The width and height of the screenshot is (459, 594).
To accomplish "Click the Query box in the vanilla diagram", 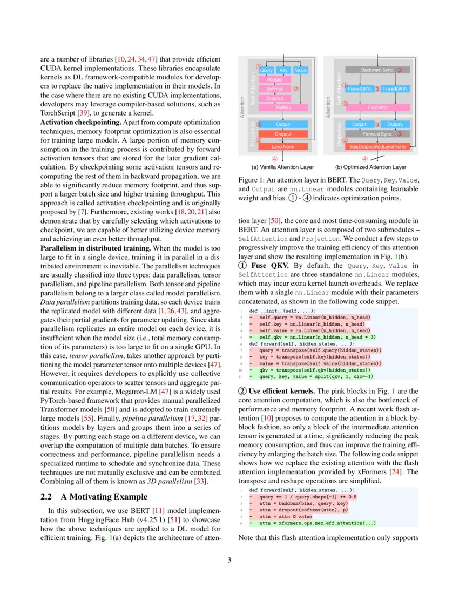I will (x=267, y=70).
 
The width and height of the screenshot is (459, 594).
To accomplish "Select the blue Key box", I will (x=283, y=70).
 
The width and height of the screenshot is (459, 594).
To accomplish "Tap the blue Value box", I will (x=301, y=70).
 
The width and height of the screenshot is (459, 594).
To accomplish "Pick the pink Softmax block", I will (x=275, y=89).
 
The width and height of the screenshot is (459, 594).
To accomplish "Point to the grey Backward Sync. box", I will (x=376, y=70).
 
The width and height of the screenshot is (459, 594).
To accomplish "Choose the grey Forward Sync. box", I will (x=377, y=133).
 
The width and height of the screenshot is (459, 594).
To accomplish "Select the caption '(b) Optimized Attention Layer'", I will (x=370, y=167).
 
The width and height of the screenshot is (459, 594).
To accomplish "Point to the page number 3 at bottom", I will (x=229, y=560).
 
